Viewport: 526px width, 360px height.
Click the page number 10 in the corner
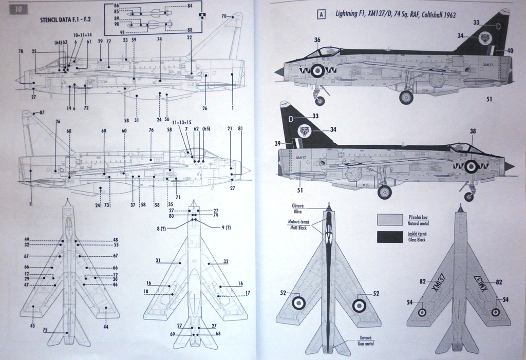tap(18, 9)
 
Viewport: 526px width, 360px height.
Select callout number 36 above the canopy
tap(317, 40)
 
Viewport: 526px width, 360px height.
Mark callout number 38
tap(473, 131)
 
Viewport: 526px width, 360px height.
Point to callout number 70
tap(224, 16)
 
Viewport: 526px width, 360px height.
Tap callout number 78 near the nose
tap(21, 51)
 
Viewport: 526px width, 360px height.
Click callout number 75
tap(45, 329)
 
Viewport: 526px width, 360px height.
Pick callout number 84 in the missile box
tap(190, 6)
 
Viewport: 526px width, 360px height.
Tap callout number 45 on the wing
tap(33, 326)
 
